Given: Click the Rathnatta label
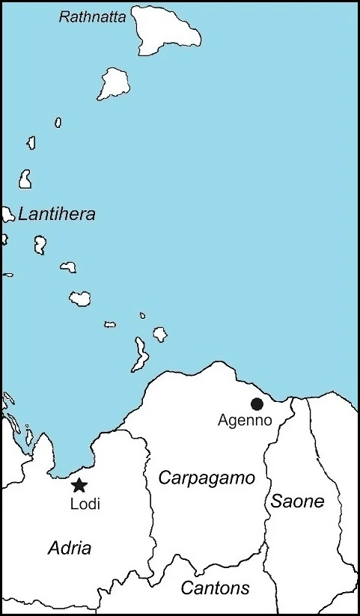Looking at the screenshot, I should tap(92, 15).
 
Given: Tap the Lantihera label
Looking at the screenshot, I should tap(57, 215).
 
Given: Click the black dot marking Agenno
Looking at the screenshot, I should tap(257, 404).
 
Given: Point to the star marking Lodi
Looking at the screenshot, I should tap(79, 486).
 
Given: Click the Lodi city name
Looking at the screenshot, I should tap(85, 504).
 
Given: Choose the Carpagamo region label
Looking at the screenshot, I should tap(207, 478).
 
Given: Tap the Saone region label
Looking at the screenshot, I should tap(298, 501).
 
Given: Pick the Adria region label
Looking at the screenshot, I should tap(70, 548).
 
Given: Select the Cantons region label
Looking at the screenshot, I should tap(215, 588).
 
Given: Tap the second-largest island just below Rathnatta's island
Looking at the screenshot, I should tap(115, 82).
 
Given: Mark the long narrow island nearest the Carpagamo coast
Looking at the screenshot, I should tap(139, 354).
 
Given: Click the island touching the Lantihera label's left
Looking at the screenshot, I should tap(7, 216).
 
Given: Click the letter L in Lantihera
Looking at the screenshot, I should tap(23, 215).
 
